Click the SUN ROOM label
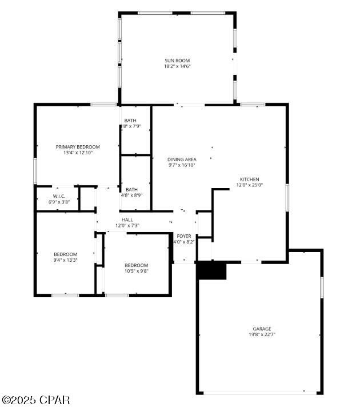(x=177, y=61)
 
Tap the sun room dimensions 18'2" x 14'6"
(x=177, y=66)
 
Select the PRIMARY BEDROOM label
(x=78, y=147)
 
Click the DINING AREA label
(x=182, y=159)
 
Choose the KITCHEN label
(x=249, y=179)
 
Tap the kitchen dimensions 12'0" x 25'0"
(x=249, y=185)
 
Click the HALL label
(x=127, y=220)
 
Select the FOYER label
(x=184, y=236)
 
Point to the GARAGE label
(x=262, y=329)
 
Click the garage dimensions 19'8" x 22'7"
(x=262, y=334)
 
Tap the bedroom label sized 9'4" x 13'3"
(x=65, y=254)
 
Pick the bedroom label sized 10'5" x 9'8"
(x=137, y=265)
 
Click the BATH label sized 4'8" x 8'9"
(x=131, y=190)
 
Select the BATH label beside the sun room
(x=130, y=120)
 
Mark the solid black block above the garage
(x=211, y=271)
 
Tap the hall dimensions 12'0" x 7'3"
(x=127, y=225)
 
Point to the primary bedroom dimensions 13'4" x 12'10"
(x=78, y=153)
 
